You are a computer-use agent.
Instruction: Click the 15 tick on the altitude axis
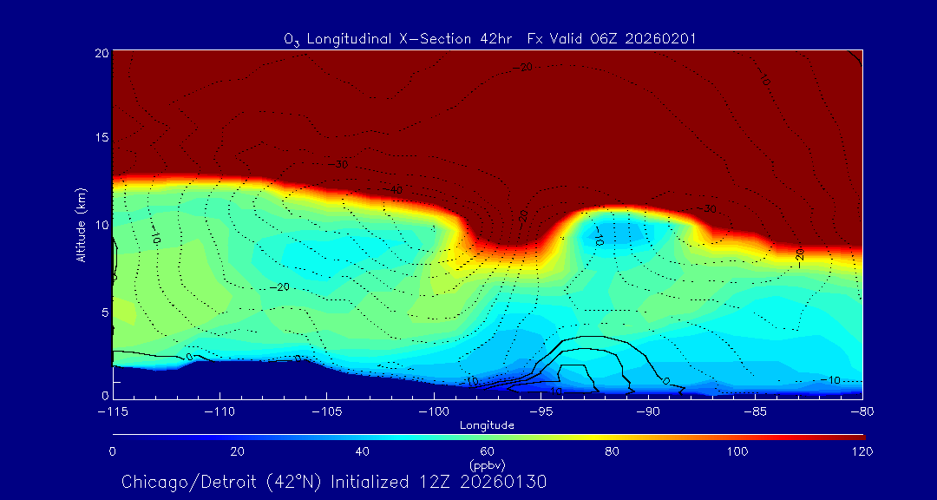(x=102, y=138)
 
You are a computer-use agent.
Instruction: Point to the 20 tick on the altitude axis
(x=102, y=53)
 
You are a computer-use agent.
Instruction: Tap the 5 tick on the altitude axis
(x=105, y=311)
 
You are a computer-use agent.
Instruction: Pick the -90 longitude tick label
(x=648, y=411)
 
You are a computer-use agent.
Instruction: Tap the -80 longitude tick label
(x=862, y=411)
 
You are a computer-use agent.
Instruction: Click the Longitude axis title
(x=487, y=425)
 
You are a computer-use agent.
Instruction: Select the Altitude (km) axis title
(x=81, y=225)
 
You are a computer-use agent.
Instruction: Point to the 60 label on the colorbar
(x=488, y=451)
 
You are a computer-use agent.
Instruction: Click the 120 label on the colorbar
(x=862, y=451)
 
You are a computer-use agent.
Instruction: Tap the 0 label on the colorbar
(x=113, y=451)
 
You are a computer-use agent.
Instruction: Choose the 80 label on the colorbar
(x=613, y=451)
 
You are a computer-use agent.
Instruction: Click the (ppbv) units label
(x=487, y=464)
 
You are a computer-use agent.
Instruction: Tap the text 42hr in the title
(x=496, y=39)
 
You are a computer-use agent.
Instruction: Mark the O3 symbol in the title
(x=292, y=40)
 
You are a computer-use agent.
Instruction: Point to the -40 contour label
(x=396, y=190)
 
